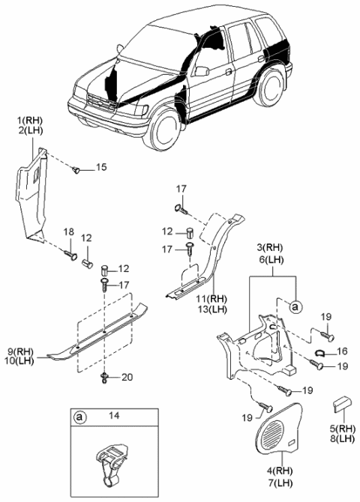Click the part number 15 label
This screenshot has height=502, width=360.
tap(101, 166)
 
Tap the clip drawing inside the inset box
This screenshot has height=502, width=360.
tap(109, 463)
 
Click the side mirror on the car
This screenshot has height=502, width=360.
tap(201, 71)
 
